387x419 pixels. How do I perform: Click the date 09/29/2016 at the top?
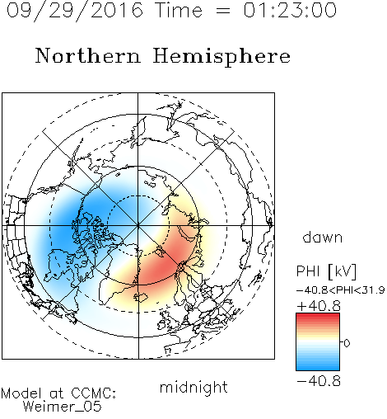coord(75,10)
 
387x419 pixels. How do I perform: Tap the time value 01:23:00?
coord(290,10)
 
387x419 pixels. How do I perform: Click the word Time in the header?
coord(179,10)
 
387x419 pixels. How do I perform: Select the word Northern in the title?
coord(88,55)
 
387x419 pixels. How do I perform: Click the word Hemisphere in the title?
coord(221,57)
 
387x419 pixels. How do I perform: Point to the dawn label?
coord(323,237)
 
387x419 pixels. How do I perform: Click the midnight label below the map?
coord(193,387)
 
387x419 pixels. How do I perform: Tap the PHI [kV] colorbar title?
coord(326,271)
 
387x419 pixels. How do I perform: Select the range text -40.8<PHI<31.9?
coord(341,290)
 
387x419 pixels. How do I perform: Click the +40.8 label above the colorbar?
coord(319,306)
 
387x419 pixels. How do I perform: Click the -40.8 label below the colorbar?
coord(319,381)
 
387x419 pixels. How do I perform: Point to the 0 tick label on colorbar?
coord(347,343)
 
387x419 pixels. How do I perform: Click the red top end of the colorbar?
coord(318,315)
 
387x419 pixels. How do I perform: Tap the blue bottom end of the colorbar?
coord(318,368)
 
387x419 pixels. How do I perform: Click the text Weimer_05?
coord(63,407)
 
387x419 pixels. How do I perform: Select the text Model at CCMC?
coord(58,393)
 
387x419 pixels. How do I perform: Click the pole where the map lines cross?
coord(138,225)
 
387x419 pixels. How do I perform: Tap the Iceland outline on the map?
coord(141,297)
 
